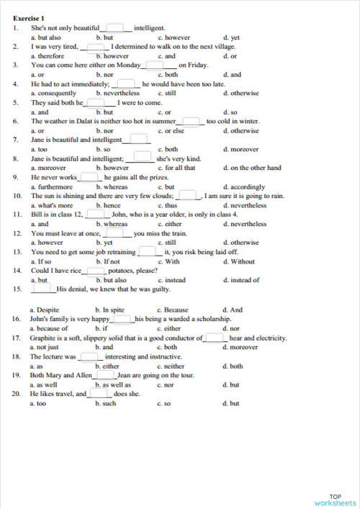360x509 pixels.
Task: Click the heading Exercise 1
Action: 29,17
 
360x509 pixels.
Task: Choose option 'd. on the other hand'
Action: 251,168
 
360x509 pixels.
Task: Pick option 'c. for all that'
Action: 176,168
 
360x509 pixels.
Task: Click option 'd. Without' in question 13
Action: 239,261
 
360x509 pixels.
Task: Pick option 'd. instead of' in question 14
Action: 243,279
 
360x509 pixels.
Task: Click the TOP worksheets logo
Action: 335,500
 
